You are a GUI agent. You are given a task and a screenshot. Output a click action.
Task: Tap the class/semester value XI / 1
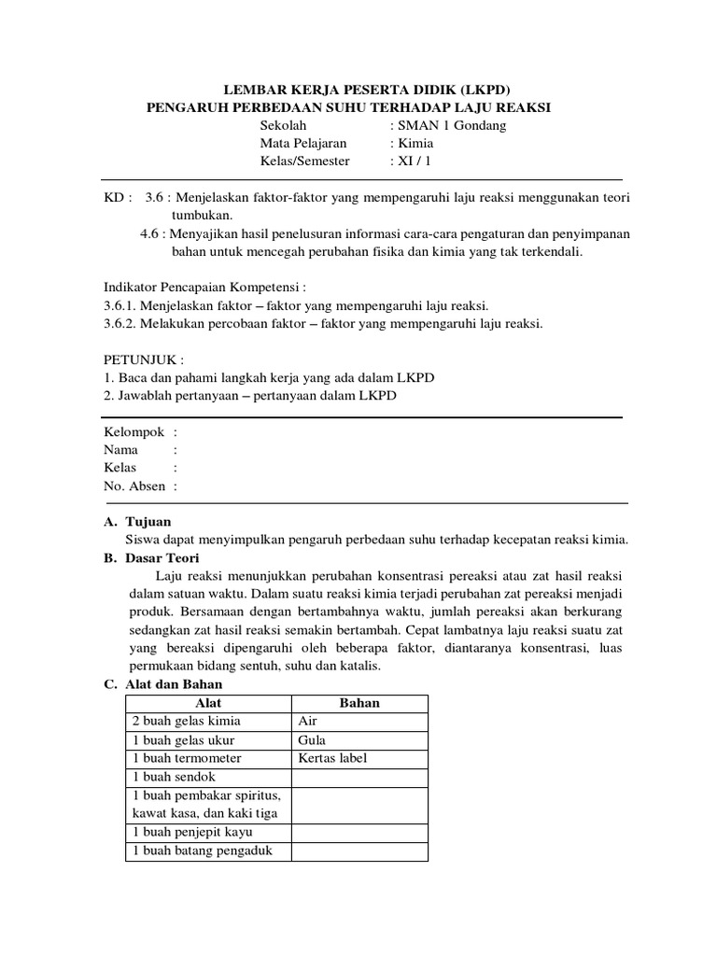415,161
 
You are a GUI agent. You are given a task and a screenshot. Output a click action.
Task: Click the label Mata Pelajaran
303,144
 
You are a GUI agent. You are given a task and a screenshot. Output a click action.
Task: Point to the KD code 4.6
149,233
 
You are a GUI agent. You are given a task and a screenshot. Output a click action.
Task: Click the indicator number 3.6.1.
118,305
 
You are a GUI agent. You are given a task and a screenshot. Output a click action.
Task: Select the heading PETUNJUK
142,359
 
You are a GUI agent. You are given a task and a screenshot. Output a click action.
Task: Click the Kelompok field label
134,431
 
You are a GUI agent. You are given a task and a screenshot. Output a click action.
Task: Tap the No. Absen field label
134,485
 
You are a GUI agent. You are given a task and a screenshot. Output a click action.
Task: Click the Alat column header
208,703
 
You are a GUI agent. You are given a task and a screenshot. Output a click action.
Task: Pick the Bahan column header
359,703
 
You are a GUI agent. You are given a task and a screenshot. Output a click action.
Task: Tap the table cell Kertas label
333,758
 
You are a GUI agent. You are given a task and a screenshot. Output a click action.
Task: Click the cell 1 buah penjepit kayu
192,832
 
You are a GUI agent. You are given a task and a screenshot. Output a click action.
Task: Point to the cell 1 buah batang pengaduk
201,851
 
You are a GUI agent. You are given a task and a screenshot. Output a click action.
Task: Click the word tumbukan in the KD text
200,215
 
